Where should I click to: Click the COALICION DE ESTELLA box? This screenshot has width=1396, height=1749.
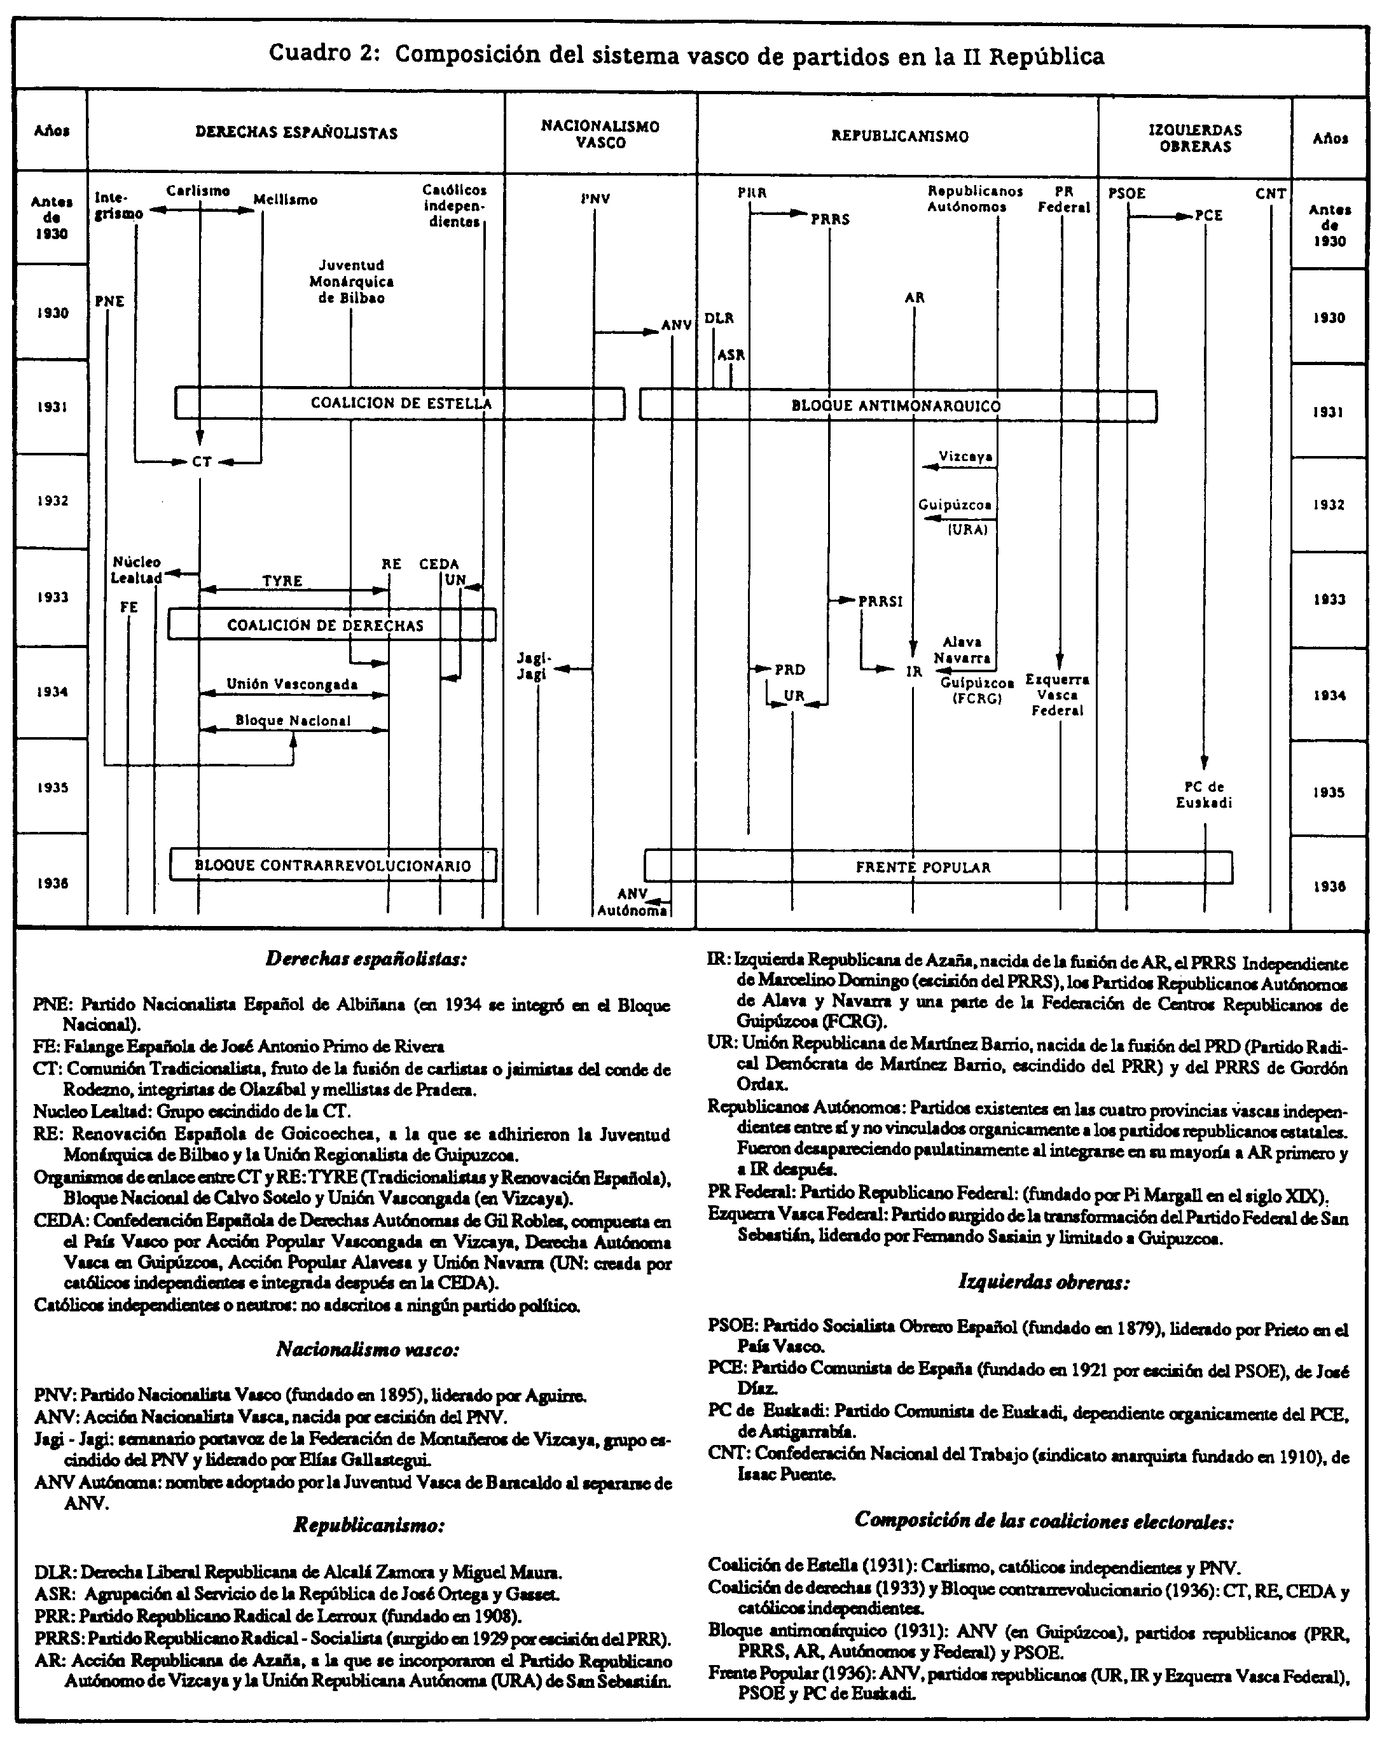pyautogui.click(x=400, y=403)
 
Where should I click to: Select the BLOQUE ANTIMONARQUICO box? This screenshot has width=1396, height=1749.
pyautogui.click(x=897, y=406)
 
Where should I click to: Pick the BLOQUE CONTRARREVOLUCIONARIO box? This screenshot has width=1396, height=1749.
pyautogui.click(x=333, y=866)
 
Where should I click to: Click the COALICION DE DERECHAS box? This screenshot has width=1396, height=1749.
pyautogui.click(x=332, y=625)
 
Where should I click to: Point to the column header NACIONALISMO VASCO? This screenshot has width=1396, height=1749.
pyautogui.click(x=600, y=134)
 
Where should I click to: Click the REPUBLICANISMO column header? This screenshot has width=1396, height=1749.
pyautogui.click(x=899, y=136)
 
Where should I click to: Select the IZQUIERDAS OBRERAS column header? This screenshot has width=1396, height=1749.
pyautogui.click(x=1195, y=138)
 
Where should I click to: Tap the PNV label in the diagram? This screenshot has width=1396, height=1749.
pyautogui.click(x=595, y=198)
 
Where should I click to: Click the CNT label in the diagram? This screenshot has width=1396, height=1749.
pyautogui.click(x=1270, y=194)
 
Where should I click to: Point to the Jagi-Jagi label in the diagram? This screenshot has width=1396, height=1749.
pyautogui.click(x=533, y=666)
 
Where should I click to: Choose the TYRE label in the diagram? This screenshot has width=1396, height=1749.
pyautogui.click(x=282, y=581)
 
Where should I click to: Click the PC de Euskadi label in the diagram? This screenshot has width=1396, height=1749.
pyautogui.click(x=1204, y=794)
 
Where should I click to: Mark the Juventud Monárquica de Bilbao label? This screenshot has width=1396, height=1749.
pyautogui.click(x=351, y=282)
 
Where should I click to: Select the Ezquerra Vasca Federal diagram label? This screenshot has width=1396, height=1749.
pyautogui.click(x=1057, y=695)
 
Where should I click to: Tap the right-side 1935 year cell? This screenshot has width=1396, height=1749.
pyautogui.click(x=1329, y=792)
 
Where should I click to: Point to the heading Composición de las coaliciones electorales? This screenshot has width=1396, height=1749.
pyautogui.click(x=1043, y=1519)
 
